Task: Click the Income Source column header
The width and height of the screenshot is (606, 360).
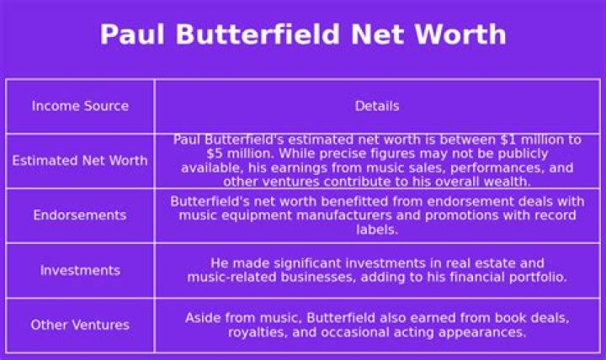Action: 80,106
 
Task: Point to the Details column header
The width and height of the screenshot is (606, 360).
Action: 377,106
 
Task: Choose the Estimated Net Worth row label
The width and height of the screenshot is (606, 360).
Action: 80,161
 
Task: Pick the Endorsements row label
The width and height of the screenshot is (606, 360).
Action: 80,215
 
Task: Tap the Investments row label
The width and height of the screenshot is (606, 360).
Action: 80,271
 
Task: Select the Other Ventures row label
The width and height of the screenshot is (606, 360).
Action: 80,325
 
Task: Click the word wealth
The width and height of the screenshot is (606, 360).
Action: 506,181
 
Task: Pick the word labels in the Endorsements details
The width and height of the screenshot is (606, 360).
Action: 377,229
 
